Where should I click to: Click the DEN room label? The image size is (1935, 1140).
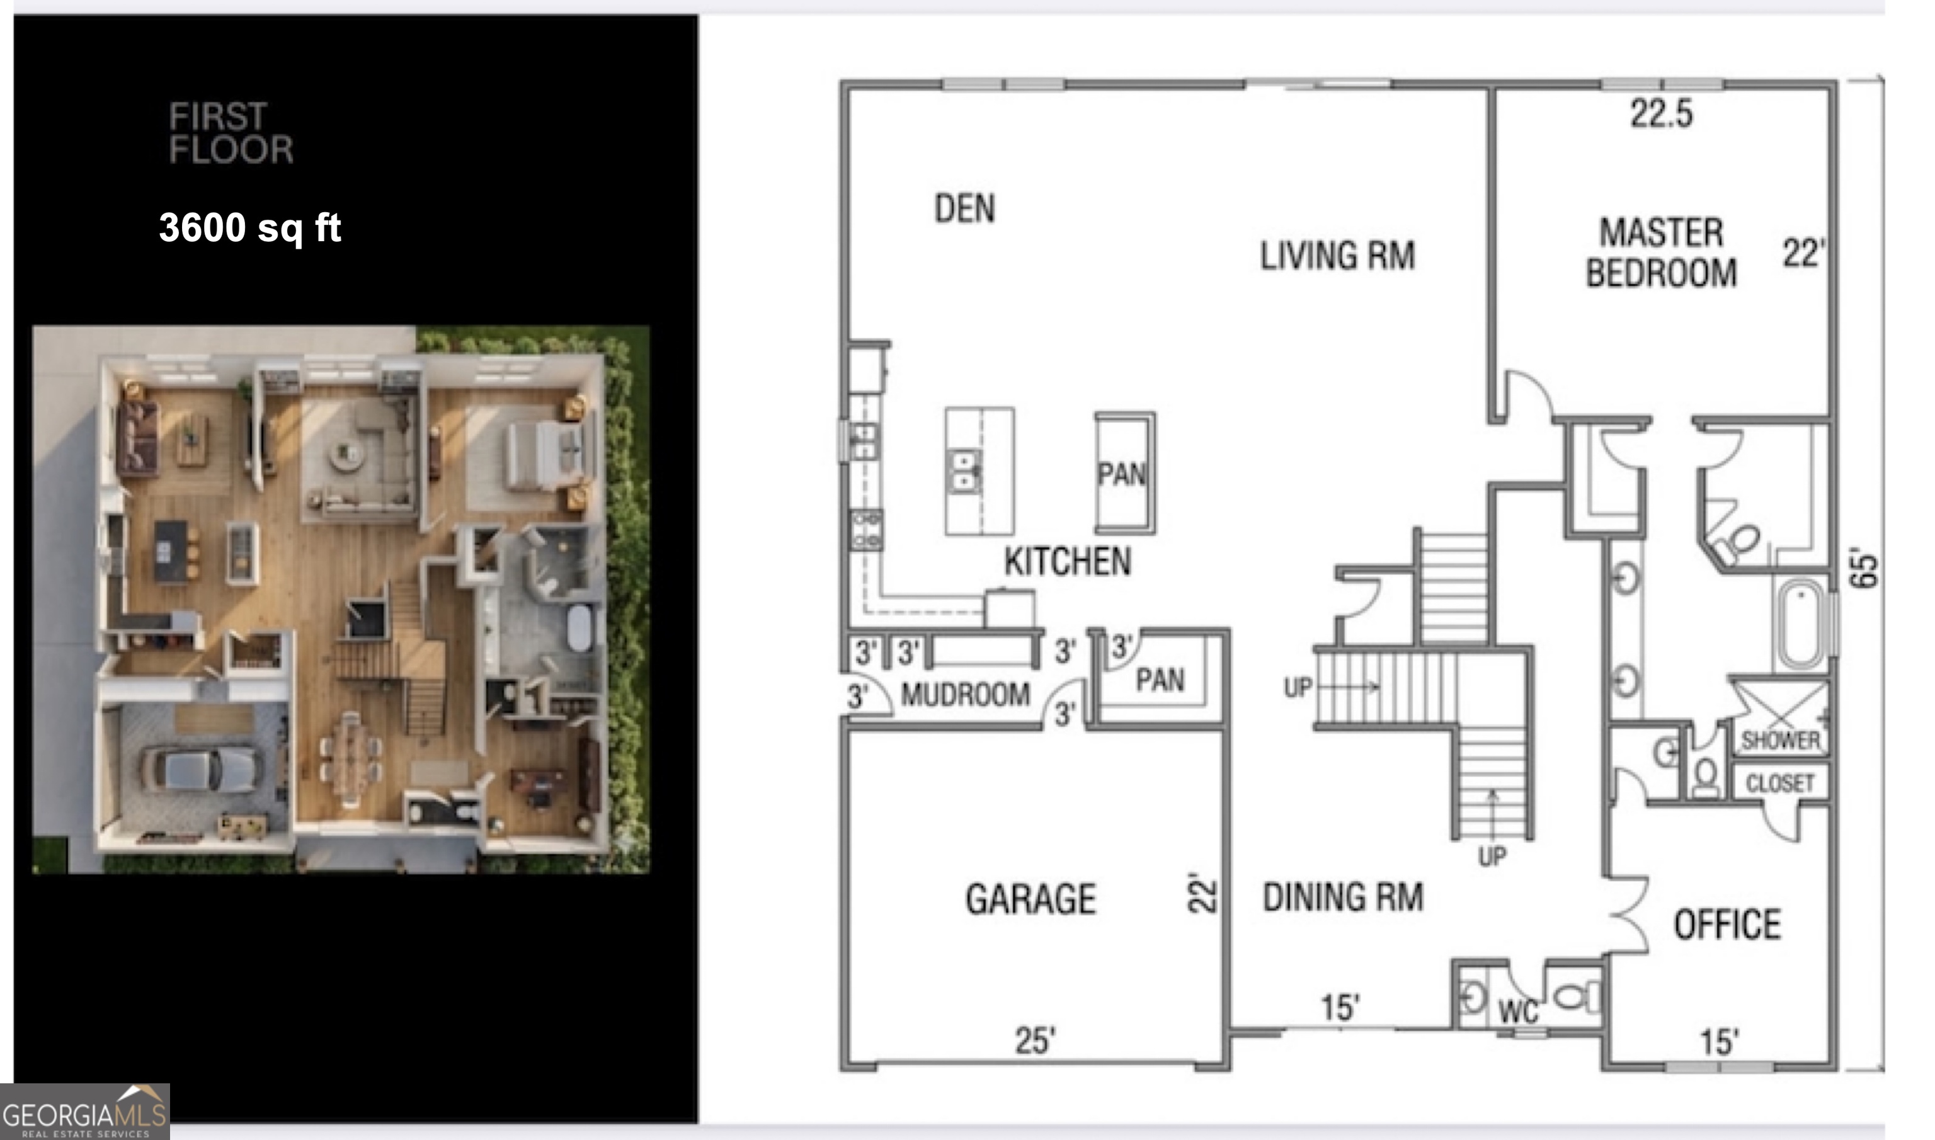pos(964,208)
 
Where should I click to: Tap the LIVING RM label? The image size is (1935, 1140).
pos(1337,256)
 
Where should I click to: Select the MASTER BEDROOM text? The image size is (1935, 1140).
pos(1661,253)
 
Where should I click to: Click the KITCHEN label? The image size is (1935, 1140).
pos(1067,562)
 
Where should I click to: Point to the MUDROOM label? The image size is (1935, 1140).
pos(965,695)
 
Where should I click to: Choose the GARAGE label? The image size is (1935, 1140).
pos(1030,899)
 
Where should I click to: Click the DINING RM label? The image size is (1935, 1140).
pos(1343,896)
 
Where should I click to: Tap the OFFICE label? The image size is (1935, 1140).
pos(1727,924)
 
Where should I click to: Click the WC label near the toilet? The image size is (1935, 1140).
pos(1518,1012)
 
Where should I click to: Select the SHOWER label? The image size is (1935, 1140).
pos(1781,741)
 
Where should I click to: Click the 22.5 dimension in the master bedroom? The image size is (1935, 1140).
pos(1662,114)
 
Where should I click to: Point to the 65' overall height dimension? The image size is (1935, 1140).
pos(1864,569)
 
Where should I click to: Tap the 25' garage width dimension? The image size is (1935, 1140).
pos(1035,1041)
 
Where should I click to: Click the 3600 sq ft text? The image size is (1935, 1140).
pos(249,227)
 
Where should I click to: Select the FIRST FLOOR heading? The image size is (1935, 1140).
pos(231,133)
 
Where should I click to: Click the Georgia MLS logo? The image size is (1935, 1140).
pos(84,1112)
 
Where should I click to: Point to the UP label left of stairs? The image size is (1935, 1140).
pos(1298,687)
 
